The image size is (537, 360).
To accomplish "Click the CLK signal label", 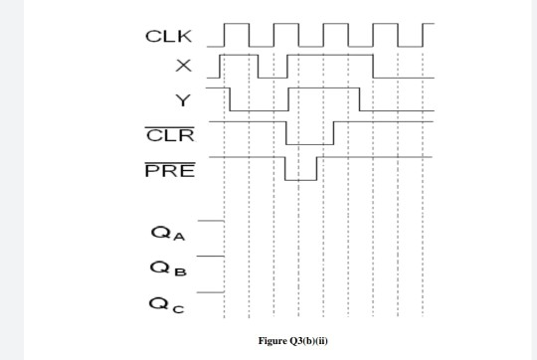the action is click(x=168, y=37).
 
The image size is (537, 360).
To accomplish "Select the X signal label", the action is click(x=181, y=68).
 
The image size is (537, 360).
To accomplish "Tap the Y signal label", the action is click(x=181, y=100).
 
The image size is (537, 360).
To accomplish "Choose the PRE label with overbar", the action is click(x=170, y=170).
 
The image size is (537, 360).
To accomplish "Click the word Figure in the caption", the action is click(x=274, y=341).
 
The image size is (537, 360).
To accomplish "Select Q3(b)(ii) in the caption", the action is click(x=310, y=341).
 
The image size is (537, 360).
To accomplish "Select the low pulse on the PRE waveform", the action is click(x=300, y=179).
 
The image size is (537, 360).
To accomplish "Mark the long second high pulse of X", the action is click(x=330, y=55).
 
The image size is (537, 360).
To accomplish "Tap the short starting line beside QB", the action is click(x=210, y=256).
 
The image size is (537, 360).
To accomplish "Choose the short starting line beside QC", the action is click(x=210, y=291).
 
